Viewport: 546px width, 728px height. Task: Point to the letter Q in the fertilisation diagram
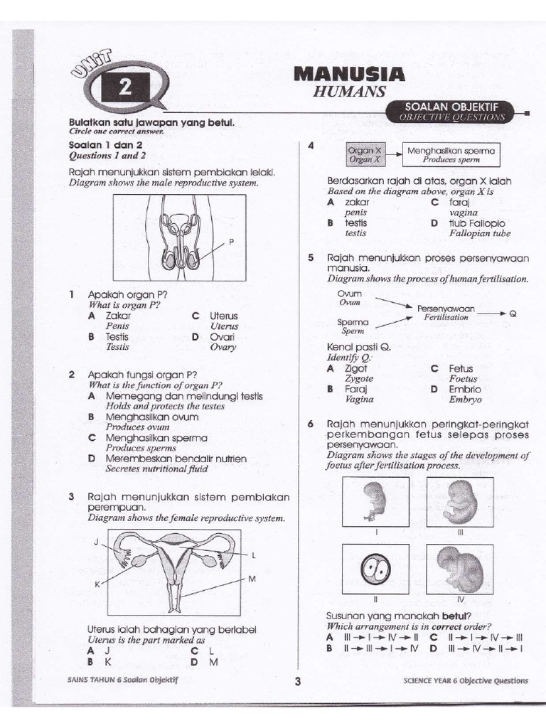click(x=513, y=313)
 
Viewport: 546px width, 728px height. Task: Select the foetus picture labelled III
click(x=460, y=502)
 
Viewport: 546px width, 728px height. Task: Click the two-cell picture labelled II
click(x=375, y=569)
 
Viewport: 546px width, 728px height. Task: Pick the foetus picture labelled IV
click(x=460, y=569)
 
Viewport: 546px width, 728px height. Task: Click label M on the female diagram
click(x=252, y=579)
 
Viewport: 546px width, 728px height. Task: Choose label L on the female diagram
click(x=253, y=554)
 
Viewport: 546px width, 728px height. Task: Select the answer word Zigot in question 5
click(x=355, y=369)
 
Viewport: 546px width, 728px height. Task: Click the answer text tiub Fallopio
click(x=476, y=223)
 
